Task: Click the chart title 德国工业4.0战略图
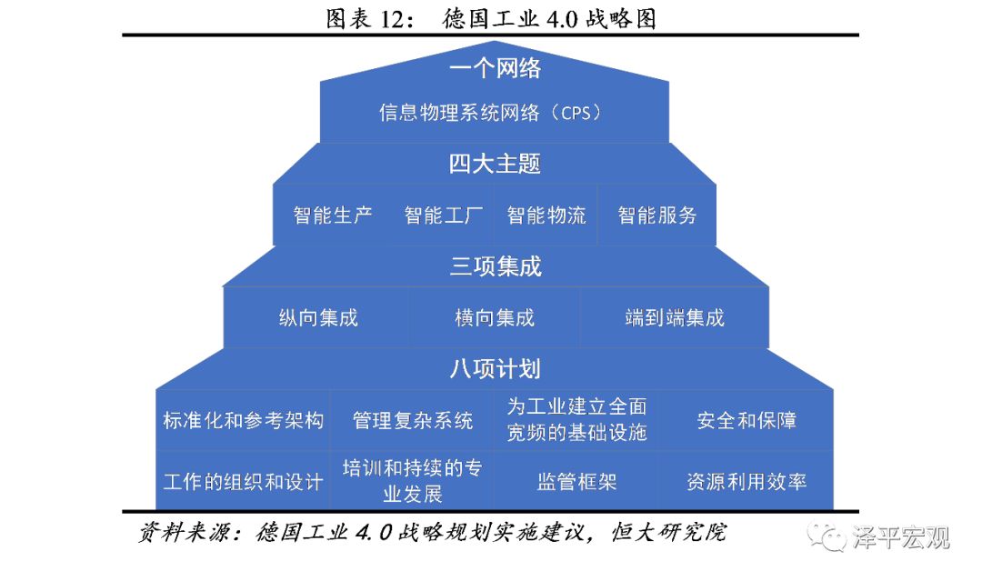point(548,19)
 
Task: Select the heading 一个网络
point(495,68)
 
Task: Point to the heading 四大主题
point(495,164)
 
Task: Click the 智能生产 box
point(333,215)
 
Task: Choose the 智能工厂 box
point(444,215)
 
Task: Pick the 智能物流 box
point(546,215)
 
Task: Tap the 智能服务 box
point(657,215)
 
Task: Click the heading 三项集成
point(496,266)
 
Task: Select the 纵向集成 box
point(317,317)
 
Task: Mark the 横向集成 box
point(494,317)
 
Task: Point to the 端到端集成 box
point(675,317)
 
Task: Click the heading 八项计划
point(495,369)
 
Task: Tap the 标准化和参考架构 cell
point(243,420)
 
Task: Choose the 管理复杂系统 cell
point(412,420)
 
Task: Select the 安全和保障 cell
point(747,420)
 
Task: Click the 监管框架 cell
point(576,481)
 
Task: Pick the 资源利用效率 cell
point(747,481)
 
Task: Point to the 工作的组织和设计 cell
point(243,481)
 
